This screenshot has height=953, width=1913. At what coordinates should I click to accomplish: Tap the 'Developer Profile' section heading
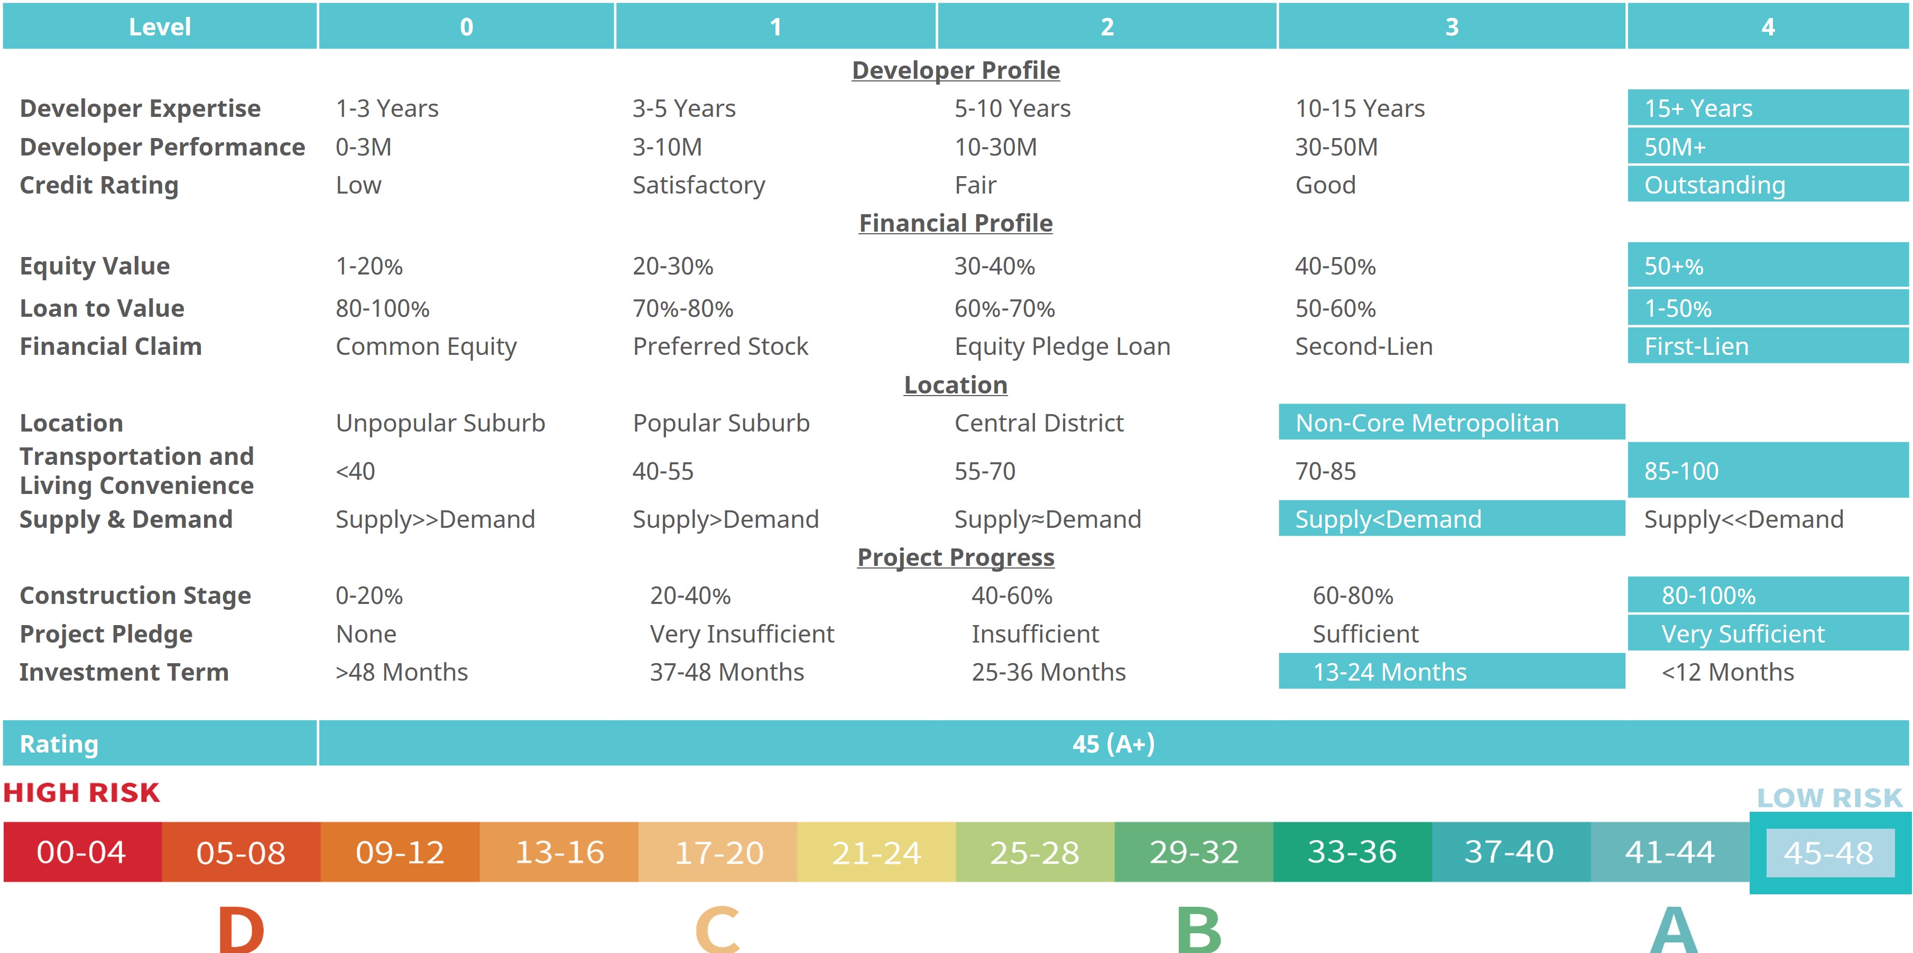[955, 70]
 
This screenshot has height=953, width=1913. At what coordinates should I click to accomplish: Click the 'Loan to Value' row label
[101, 308]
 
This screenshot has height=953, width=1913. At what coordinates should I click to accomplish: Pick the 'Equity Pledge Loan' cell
[1062, 346]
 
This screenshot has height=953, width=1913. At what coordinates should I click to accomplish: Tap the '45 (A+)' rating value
[1113, 744]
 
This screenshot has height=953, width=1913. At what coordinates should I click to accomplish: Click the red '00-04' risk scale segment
[82, 852]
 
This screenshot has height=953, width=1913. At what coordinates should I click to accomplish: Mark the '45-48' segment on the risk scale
[1828, 853]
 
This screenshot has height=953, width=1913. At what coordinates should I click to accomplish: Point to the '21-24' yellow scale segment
[876, 852]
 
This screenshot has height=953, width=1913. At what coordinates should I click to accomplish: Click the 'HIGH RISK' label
[82, 793]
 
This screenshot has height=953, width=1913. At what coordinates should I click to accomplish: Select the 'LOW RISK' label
[1829, 798]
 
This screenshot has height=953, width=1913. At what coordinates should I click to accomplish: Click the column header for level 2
[1106, 27]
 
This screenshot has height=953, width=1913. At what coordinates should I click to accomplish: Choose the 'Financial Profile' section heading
[955, 223]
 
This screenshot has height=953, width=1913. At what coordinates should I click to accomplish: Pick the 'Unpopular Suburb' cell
[440, 423]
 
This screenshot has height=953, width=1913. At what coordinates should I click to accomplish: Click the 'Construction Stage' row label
[135, 595]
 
